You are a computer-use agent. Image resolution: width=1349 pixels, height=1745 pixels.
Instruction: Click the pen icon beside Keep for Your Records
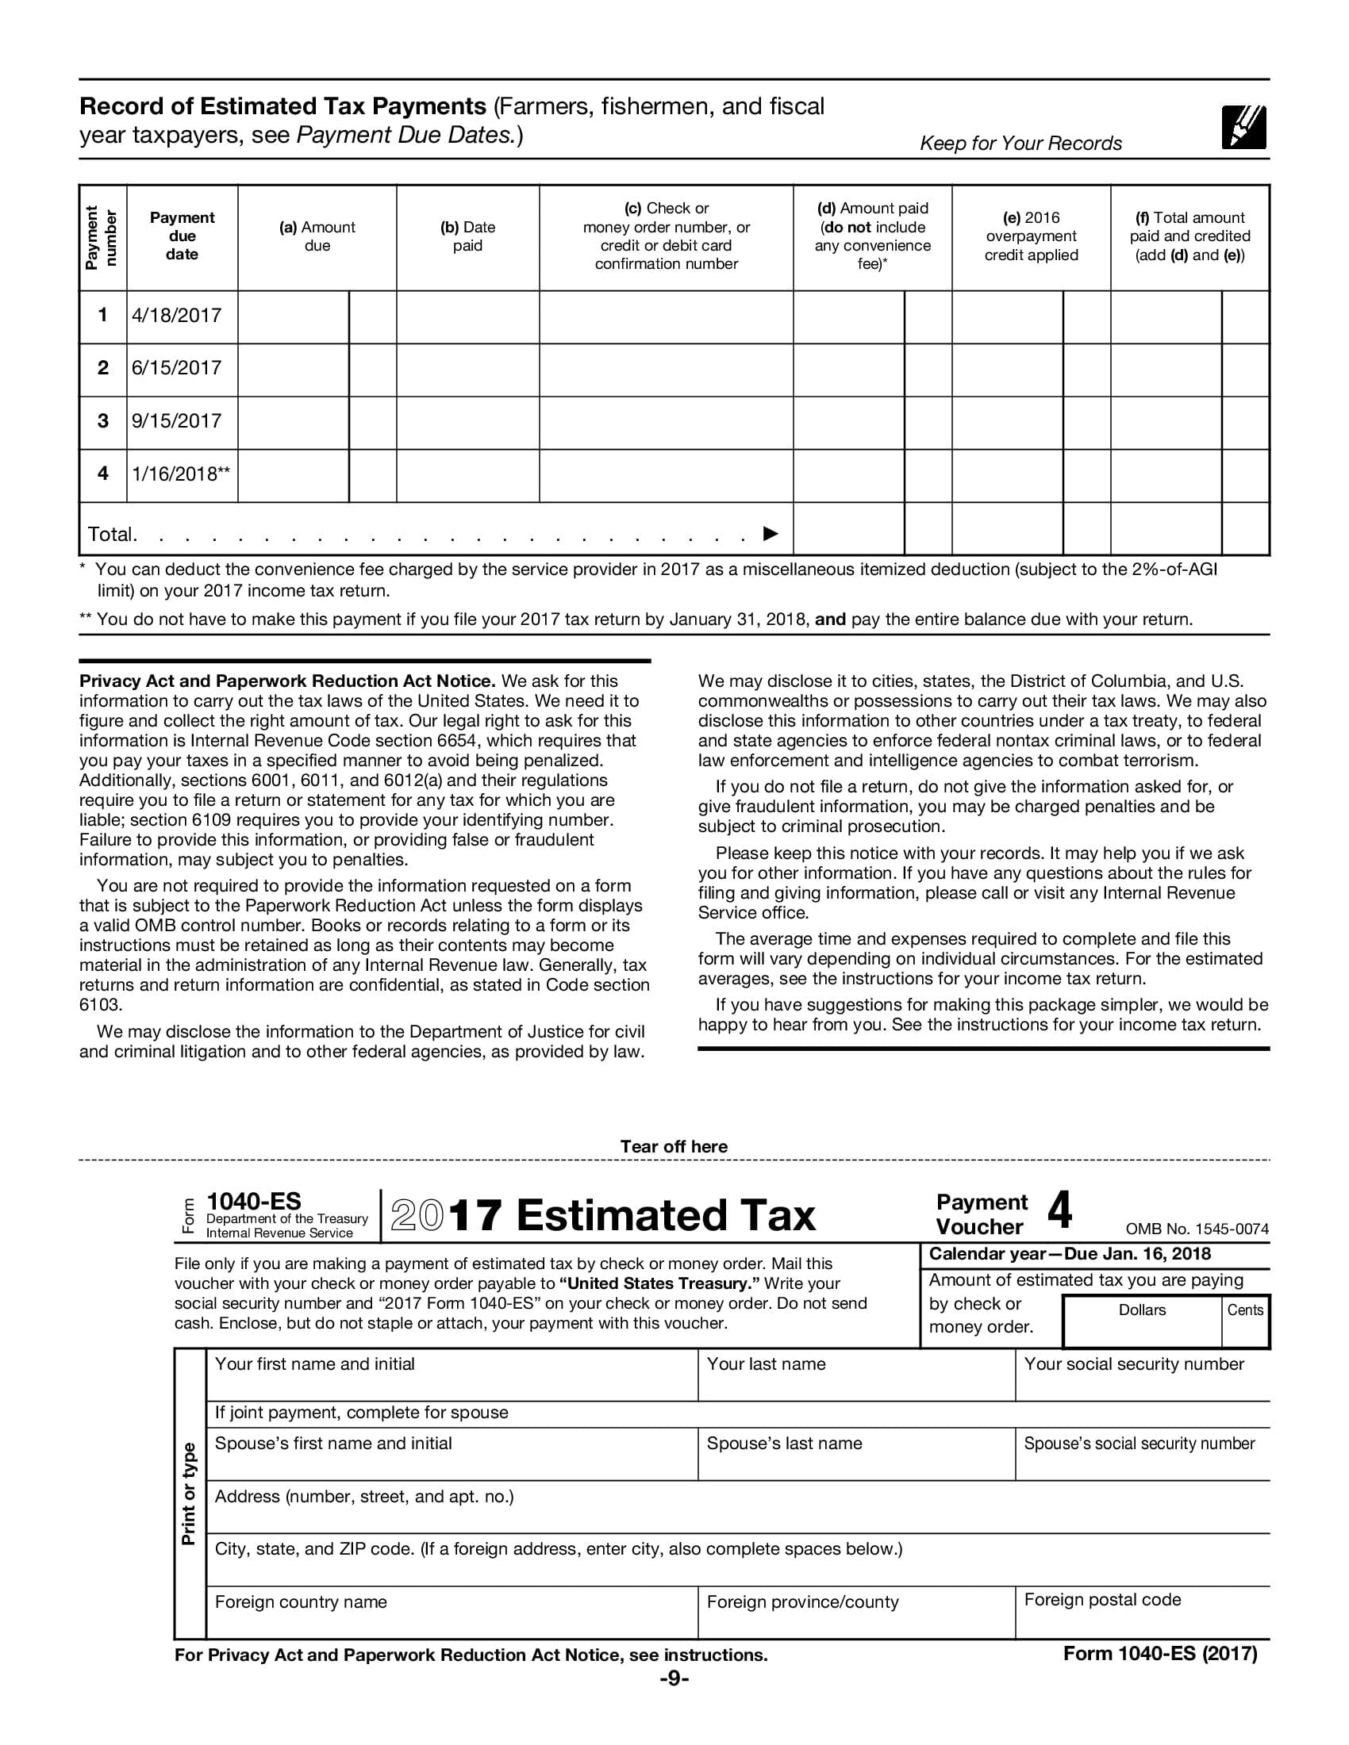pos(1243,127)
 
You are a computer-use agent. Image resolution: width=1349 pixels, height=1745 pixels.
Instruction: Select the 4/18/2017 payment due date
pos(177,316)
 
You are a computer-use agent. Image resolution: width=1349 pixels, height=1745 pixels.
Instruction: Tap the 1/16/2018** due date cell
pos(181,474)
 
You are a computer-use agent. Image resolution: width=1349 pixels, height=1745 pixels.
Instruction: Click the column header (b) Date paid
pos(467,236)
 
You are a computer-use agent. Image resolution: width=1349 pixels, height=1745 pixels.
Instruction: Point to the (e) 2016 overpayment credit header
pos(1030,236)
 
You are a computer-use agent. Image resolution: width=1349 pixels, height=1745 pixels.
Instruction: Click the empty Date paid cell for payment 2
pos(467,369)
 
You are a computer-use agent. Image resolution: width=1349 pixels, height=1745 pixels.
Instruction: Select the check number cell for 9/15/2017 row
pos(666,422)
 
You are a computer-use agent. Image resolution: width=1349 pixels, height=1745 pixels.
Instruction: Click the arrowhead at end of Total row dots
pos(771,533)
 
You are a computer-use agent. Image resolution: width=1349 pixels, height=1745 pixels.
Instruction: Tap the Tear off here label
pos(674,1147)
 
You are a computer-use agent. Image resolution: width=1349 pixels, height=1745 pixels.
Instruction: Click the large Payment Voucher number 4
pos(1059,1211)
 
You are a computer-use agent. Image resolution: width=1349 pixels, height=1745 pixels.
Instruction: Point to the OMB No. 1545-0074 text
pos(1197,1229)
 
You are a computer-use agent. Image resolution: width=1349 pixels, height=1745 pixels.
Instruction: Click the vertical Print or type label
pos(190,1494)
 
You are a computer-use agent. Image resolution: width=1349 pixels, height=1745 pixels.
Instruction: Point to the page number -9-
pos(674,1678)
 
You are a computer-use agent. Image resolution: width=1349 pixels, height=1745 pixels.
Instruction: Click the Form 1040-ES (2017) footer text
pos(1159,1654)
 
